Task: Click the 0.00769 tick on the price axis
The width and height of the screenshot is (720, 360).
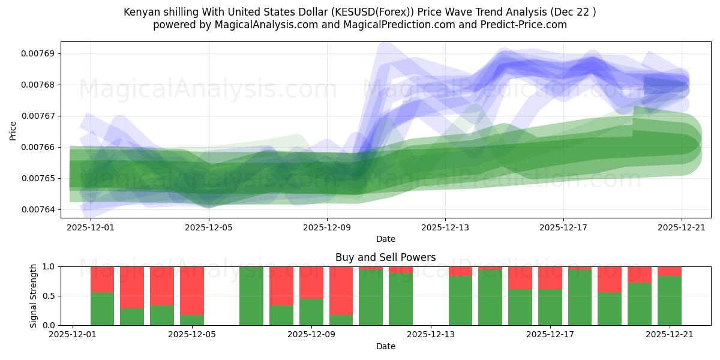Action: coord(38,53)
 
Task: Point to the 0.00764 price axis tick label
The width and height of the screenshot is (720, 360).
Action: coord(38,209)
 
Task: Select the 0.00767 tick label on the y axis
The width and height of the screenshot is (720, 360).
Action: coord(38,116)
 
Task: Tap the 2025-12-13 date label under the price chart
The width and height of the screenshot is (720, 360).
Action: coord(445,228)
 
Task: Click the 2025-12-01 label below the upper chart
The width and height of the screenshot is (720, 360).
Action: coord(89,228)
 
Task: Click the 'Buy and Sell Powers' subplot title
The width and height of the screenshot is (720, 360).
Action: coord(386,257)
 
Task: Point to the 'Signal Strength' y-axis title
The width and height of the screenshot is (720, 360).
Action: coord(34,295)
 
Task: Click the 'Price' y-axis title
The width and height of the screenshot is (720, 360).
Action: coord(13,130)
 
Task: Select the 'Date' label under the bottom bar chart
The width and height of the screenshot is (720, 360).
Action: coord(386,346)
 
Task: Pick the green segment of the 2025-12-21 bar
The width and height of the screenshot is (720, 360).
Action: coord(669,300)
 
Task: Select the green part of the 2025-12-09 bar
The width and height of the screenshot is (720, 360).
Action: coord(311,311)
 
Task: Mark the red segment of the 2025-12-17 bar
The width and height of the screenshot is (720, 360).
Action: coord(550,278)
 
